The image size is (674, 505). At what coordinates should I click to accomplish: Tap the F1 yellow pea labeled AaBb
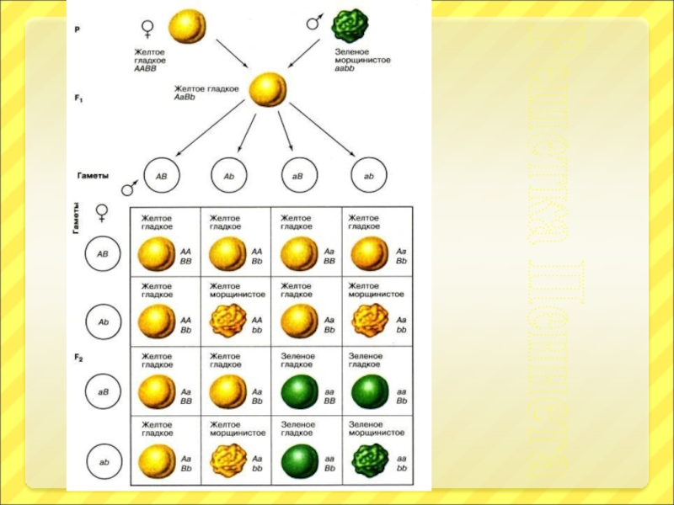pos(269,88)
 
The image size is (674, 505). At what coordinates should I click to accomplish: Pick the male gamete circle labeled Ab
pos(228,177)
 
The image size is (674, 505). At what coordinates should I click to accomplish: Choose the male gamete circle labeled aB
pos(298,177)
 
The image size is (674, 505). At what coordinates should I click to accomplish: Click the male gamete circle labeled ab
pos(368,177)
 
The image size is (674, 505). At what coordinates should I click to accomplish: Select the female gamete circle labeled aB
pos(103,391)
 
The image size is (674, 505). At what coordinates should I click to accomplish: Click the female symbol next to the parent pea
pos(148,29)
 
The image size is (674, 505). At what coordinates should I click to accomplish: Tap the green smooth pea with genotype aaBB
pos(297,391)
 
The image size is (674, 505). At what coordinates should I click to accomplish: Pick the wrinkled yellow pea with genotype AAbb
pos(226,322)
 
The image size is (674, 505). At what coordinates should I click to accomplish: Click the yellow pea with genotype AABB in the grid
pos(157,253)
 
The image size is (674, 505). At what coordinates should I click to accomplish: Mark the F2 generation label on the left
pos(78,357)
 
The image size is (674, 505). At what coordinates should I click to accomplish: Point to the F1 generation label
pos(78,98)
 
